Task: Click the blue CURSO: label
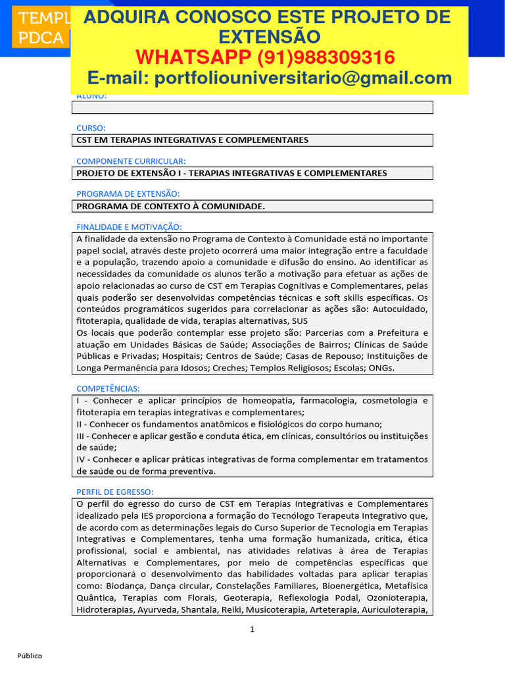pos(91,128)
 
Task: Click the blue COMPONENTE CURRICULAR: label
pos(131,161)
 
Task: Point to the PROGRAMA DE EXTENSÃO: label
pos(128,194)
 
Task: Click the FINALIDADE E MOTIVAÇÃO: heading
pos(128,227)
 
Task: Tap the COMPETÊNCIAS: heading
pos(108,389)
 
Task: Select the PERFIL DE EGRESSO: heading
pos(115,492)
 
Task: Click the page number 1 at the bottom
pos(252,629)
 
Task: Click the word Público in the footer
pos(30,656)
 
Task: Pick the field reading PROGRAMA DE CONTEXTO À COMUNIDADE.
pos(171,206)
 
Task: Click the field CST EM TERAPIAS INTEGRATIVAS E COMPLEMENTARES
pos(193,140)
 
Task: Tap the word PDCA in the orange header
pos(39,38)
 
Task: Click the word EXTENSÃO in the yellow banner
pos(270,37)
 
